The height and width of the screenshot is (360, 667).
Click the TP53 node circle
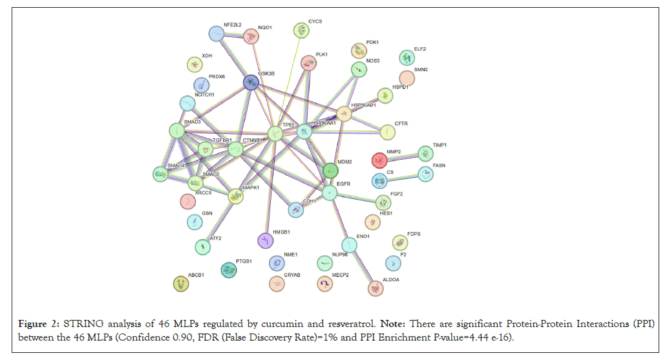click(x=275, y=134)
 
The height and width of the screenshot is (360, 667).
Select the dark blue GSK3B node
click(x=251, y=83)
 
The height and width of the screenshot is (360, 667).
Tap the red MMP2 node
click(x=379, y=160)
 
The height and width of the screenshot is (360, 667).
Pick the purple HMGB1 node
click(x=266, y=240)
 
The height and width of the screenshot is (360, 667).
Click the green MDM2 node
click(x=330, y=171)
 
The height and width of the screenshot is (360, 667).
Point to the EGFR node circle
click(x=330, y=193)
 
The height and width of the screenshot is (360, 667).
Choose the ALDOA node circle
click(x=375, y=288)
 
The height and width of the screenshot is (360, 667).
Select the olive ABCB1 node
click(x=181, y=283)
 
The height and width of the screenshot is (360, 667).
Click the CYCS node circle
click(x=301, y=30)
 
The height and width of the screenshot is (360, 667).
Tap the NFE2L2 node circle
click(x=217, y=34)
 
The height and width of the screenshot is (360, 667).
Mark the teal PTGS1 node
click(x=228, y=270)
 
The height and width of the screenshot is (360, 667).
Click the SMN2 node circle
click(x=407, y=78)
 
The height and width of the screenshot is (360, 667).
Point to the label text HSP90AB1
click(x=363, y=105)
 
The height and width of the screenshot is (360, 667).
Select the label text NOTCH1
click(x=204, y=95)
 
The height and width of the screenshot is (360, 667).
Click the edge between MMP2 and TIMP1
click(x=402, y=156)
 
